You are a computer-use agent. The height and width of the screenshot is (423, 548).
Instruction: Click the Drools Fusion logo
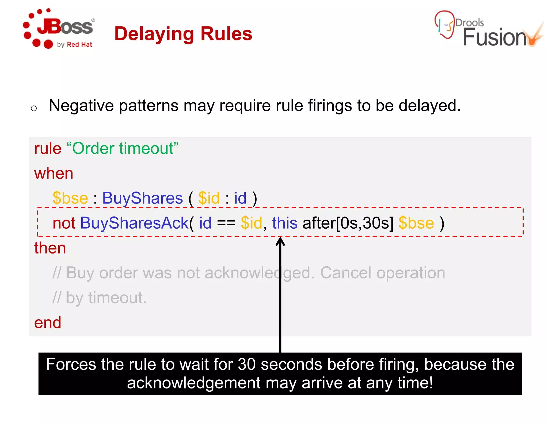(489, 29)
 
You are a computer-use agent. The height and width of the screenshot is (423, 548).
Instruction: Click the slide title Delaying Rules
(183, 34)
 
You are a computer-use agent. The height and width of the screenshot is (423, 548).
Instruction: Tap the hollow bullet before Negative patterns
(34, 108)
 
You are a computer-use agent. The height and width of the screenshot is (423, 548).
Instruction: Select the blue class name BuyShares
(142, 198)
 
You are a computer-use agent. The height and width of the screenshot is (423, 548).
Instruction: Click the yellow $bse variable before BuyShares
(70, 198)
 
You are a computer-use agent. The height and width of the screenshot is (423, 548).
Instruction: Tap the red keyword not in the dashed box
(64, 223)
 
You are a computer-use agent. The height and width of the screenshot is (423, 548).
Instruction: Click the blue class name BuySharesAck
(134, 223)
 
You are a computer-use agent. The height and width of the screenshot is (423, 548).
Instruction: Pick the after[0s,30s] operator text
(348, 223)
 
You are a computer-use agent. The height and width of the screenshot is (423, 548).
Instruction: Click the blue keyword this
(284, 223)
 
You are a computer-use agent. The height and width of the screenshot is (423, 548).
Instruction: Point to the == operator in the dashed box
(226, 224)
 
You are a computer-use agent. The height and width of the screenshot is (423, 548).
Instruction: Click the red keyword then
(50, 248)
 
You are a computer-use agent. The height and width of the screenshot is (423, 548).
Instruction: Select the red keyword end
(48, 322)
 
